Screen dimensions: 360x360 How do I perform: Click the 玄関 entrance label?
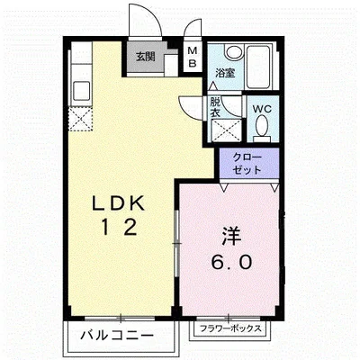(145, 56)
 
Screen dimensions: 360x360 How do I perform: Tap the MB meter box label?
(193, 57)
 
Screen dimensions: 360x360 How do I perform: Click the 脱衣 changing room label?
(216, 107)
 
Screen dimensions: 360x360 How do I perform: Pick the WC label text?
(262, 109)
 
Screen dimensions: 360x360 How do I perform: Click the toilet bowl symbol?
(262, 131)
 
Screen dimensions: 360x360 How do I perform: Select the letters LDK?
(118, 202)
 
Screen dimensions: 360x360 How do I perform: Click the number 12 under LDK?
(118, 228)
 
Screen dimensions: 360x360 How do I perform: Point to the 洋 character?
(228, 237)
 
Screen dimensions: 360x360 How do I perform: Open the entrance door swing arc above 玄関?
(139, 18)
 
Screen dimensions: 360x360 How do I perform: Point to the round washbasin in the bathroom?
(232, 53)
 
